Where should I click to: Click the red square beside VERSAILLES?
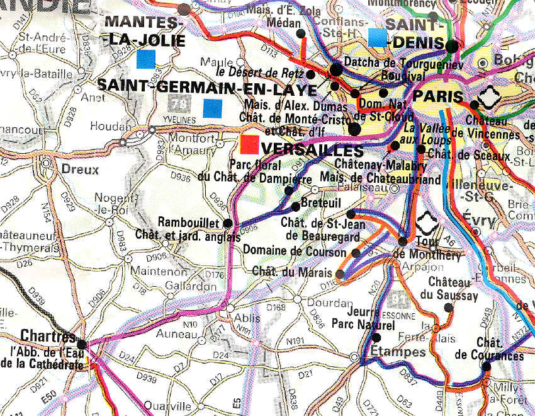[x=249, y=144]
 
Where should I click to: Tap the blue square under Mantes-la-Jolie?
[x=145, y=59]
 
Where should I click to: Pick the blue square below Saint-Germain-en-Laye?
[x=212, y=108]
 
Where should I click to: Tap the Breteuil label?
[x=322, y=204]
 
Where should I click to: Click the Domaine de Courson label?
[x=296, y=251]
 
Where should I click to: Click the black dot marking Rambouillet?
[x=227, y=223]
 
